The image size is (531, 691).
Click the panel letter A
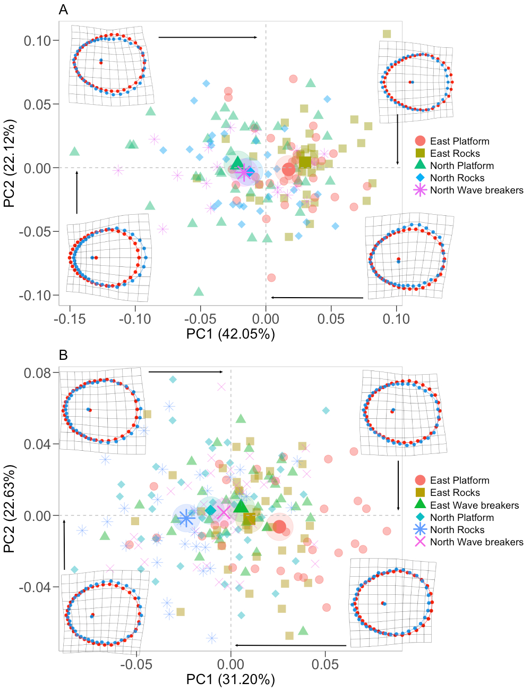click(x=63, y=10)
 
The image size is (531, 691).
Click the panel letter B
click(x=63, y=355)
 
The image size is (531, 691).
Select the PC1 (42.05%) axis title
click(x=230, y=334)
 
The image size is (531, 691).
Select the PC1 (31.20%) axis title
click(x=230, y=679)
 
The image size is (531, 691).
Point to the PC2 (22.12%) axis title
click(x=10, y=163)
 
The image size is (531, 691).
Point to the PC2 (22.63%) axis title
click(x=10, y=509)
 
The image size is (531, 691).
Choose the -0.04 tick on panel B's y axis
click(x=35, y=587)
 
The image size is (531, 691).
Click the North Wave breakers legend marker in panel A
click(x=420, y=190)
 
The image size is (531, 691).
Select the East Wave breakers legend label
click(x=474, y=505)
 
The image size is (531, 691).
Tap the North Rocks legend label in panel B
click(x=457, y=529)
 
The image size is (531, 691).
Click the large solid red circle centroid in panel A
click(x=288, y=170)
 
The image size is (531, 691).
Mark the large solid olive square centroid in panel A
click(x=305, y=162)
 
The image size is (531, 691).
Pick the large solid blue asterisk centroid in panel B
click(x=186, y=518)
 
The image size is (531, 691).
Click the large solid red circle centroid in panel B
click(x=280, y=527)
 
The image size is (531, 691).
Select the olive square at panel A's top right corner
click(x=387, y=34)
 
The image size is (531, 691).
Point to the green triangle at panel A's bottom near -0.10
click(x=199, y=291)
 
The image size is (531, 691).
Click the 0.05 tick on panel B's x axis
click(x=325, y=664)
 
